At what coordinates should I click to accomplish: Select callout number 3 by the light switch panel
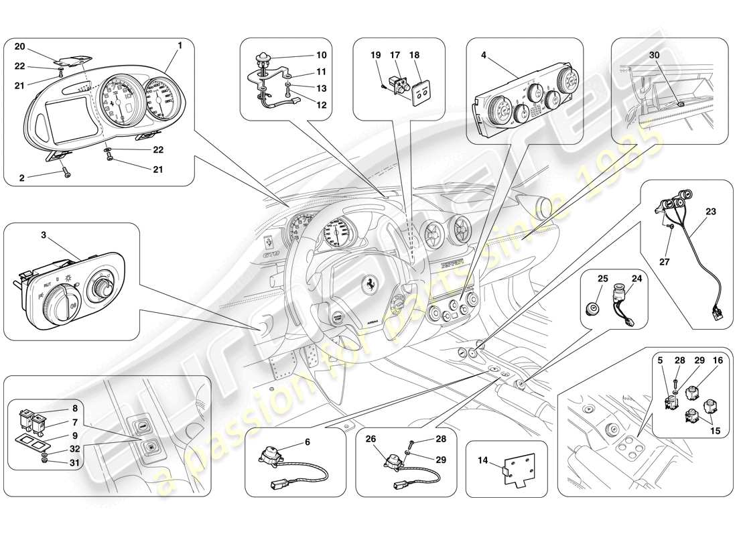[x=44, y=235]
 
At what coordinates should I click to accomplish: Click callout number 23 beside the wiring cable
[x=710, y=212]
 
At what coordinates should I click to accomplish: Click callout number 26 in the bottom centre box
[x=371, y=440]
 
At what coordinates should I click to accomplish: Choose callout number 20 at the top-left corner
[x=19, y=46]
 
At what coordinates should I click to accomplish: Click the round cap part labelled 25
[x=592, y=309]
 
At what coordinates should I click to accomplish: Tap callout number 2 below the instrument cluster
[x=21, y=178]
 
